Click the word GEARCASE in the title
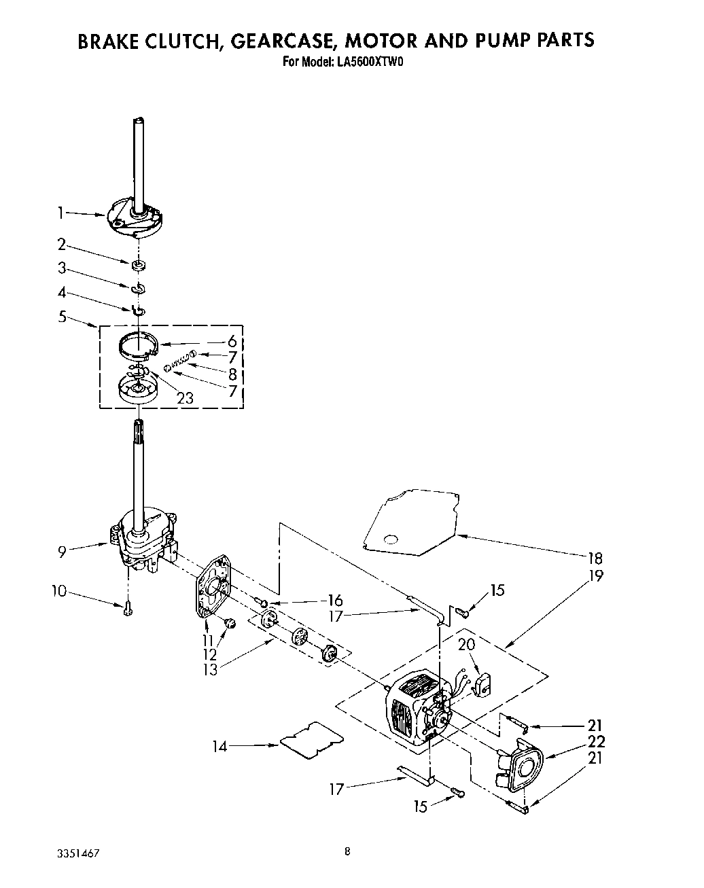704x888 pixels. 280,41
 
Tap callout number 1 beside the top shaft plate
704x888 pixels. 60,213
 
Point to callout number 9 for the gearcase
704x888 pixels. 62,552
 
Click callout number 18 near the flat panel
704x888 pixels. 595,558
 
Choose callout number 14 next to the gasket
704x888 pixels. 219,746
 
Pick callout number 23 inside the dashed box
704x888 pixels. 185,399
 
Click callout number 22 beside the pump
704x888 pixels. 595,742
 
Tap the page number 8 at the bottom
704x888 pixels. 347,851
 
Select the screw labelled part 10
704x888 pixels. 127,609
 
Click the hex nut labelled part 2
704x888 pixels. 138,264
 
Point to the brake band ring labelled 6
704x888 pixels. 136,344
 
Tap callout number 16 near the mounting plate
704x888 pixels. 334,601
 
